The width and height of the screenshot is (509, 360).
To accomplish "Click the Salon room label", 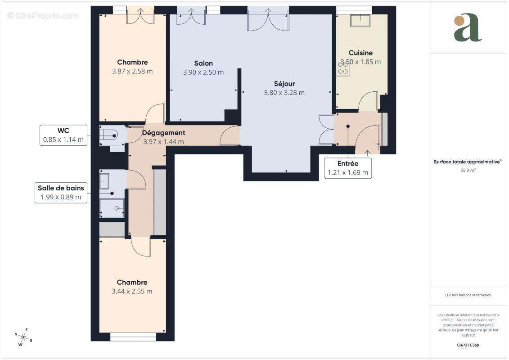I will pos(203,63).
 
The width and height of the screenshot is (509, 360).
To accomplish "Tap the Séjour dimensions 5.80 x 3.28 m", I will pos(284,93).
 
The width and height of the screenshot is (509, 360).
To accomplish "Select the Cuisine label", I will pos(360,53).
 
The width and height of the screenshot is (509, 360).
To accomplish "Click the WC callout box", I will pos(63,135).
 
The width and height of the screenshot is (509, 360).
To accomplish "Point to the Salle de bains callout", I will pos(61,193).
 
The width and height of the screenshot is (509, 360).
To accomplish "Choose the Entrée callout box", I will pos(348,168).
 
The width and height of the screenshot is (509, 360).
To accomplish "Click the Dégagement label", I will pos(163,133).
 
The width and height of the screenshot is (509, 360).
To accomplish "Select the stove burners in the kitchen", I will pos(342,68).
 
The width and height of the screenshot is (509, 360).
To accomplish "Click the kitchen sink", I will pos(360,21).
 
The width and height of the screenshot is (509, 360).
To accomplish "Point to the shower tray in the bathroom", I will pos(113,208).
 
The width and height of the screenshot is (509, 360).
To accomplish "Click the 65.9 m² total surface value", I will pos(468,170).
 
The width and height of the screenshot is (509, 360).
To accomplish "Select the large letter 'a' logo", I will pos(468,28).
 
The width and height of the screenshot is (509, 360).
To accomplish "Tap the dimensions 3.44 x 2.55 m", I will pos(132,291).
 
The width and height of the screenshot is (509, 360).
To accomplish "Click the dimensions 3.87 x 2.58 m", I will pos(132,71).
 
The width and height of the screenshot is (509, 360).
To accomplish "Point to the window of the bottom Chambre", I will pos(133,337).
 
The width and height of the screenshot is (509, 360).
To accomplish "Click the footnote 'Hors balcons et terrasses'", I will pos(468,295).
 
